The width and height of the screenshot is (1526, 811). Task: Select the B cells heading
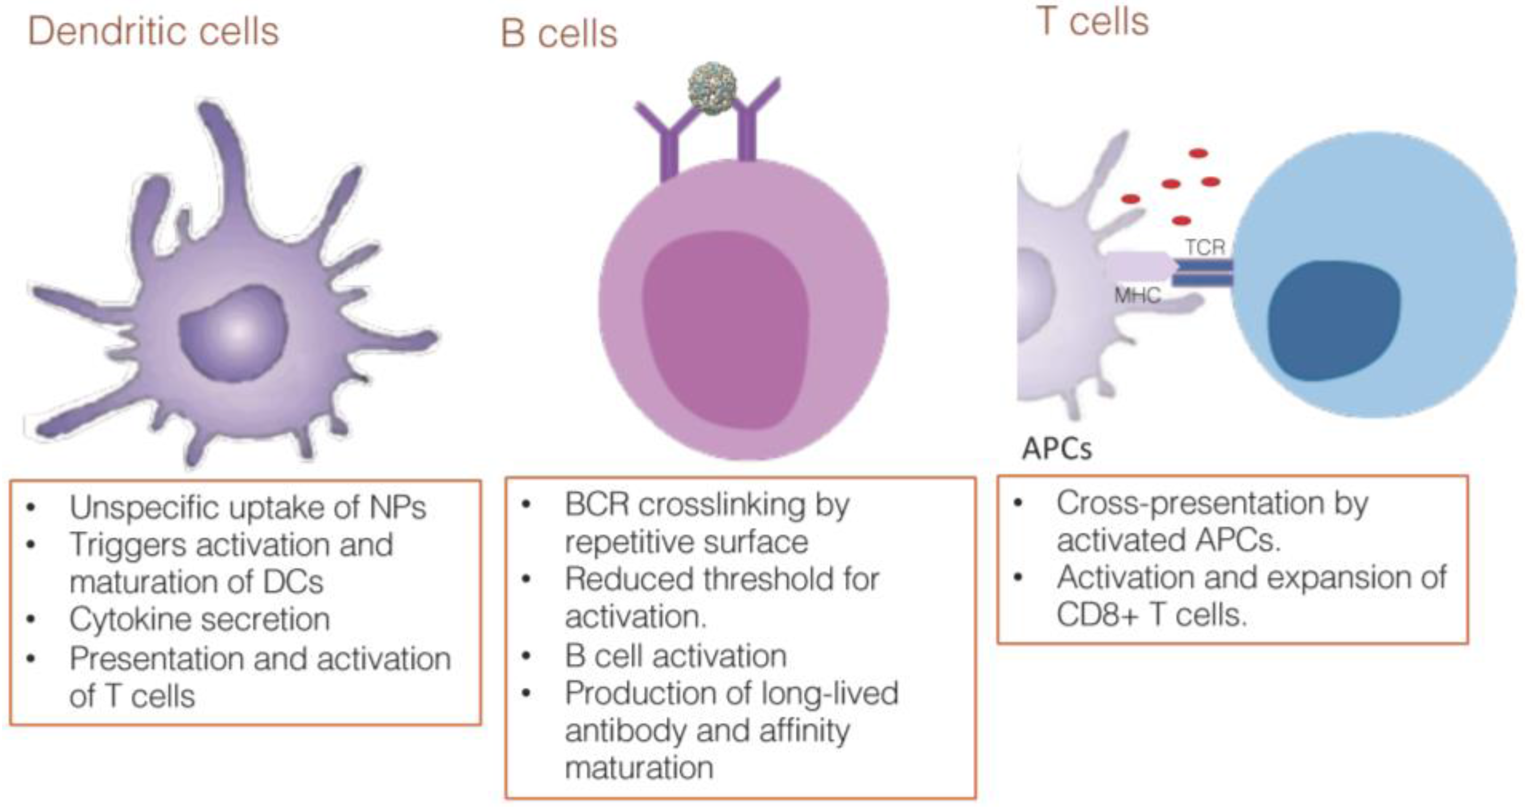pos(559,33)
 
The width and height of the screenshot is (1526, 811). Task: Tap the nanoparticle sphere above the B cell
pos(713,89)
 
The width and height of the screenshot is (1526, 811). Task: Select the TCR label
pos(1205,247)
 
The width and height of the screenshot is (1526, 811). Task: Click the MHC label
pos(1137,295)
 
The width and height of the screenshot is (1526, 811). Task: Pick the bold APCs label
pos(1056,449)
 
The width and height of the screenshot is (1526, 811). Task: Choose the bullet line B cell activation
pos(675,656)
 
